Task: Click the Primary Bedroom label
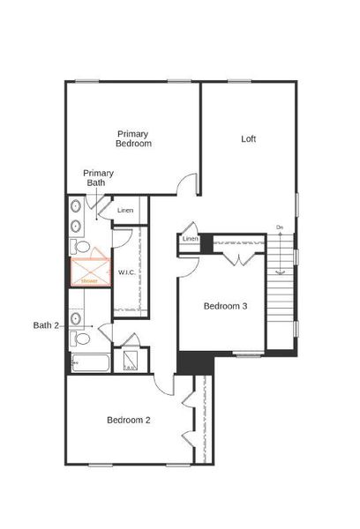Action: [x=134, y=138]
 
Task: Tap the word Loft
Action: [x=249, y=138]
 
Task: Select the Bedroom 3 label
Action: [x=225, y=306]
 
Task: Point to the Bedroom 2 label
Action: [x=129, y=420]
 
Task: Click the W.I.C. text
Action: [x=126, y=273]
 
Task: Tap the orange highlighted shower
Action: [x=90, y=269]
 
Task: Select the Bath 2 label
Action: [x=46, y=325]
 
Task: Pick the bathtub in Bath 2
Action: [x=89, y=362]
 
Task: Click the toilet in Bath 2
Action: [x=81, y=338]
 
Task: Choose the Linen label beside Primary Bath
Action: [x=125, y=210]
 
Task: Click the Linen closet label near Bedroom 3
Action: [x=190, y=239]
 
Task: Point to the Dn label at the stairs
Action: [x=280, y=228]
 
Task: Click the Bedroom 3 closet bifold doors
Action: [x=236, y=257]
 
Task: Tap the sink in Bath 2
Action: [x=76, y=317]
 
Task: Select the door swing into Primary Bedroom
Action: [x=186, y=185]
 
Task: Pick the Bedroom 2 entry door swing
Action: [x=163, y=384]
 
